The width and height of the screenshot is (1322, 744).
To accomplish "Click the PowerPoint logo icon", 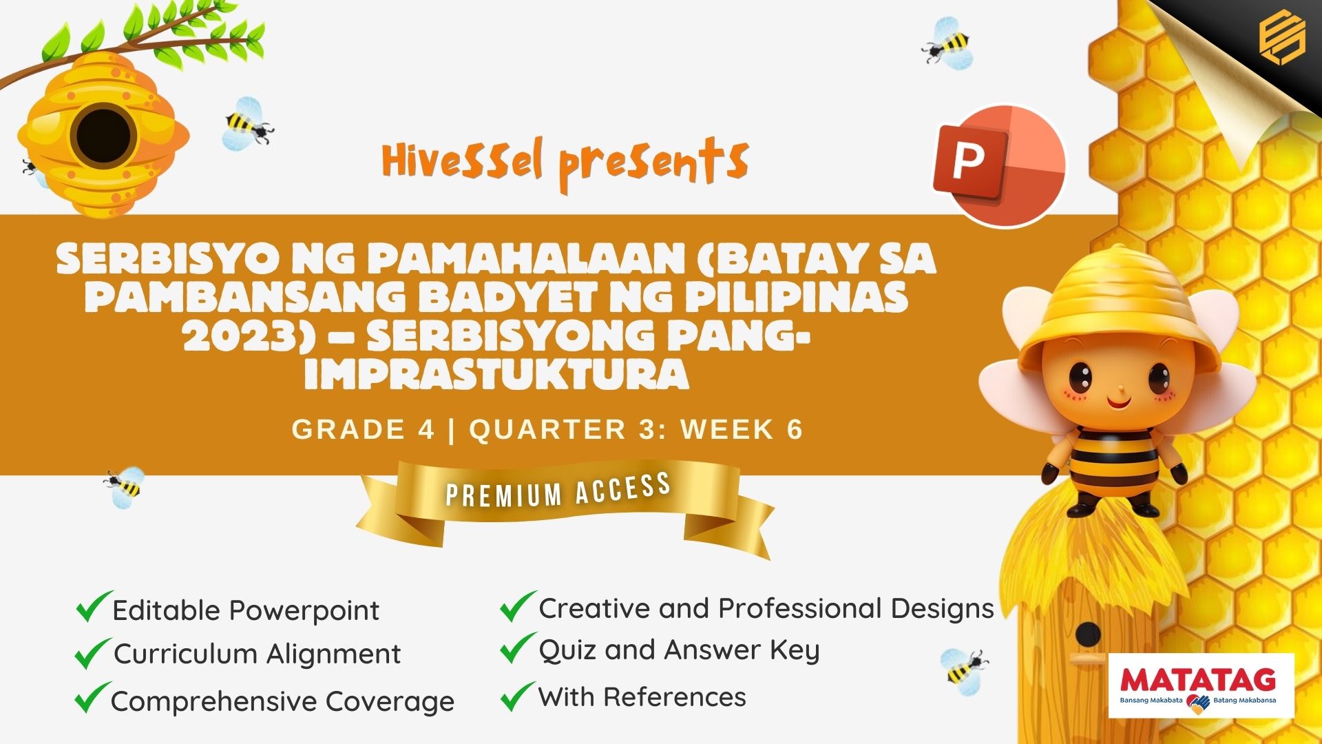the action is click(x=999, y=166).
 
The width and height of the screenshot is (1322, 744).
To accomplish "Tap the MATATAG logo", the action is click(x=1202, y=686).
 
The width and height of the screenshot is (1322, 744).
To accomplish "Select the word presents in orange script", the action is click(x=653, y=164).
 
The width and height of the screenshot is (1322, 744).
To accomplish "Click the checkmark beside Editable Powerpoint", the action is click(x=94, y=607).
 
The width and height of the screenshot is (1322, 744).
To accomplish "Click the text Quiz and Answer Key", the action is click(x=679, y=651).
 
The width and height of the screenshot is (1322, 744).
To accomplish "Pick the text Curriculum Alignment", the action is click(x=257, y=654).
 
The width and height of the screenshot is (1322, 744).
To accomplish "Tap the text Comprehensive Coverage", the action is click(x=282, y=702).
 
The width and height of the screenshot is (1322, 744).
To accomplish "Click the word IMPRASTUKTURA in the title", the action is click(x=496, y=375).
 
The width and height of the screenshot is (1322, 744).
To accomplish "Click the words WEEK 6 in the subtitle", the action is click(x=742, y=429).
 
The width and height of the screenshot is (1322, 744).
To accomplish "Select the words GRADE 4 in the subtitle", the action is click(x=363, y=429).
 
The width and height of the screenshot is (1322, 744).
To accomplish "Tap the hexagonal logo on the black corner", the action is click(x=1281, y=39).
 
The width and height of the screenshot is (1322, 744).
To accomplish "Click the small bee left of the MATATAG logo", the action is click(x=964, y=667).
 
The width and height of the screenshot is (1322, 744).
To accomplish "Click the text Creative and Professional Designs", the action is click(x=766, y=608).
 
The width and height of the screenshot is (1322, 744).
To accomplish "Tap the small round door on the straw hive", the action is click(x=1089, y=634).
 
